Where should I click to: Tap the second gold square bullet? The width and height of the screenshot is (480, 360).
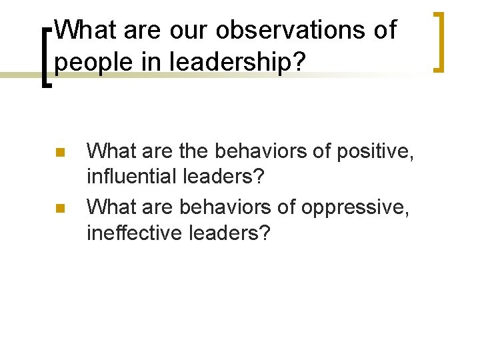click(60, 209)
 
